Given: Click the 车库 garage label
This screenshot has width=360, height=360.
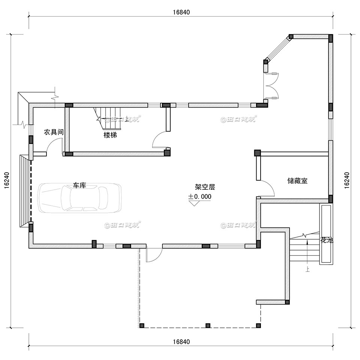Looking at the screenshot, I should point(79,186).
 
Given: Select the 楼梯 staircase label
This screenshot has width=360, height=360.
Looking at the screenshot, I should point(110,135).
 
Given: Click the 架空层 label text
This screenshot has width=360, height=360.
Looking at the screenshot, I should point(205,187).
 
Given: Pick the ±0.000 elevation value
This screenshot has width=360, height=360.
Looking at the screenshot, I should point(200,196).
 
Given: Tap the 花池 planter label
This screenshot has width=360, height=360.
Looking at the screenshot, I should point(326,240).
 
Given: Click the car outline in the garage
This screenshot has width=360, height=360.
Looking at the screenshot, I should point(79,198).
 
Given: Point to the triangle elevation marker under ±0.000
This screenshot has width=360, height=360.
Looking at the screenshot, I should point(195,204).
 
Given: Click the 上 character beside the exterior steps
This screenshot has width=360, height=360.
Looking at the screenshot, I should point(307,268).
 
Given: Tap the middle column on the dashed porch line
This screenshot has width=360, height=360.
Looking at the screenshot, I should point(208,325).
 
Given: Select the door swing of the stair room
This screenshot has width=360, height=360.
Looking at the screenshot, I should point(159,141).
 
